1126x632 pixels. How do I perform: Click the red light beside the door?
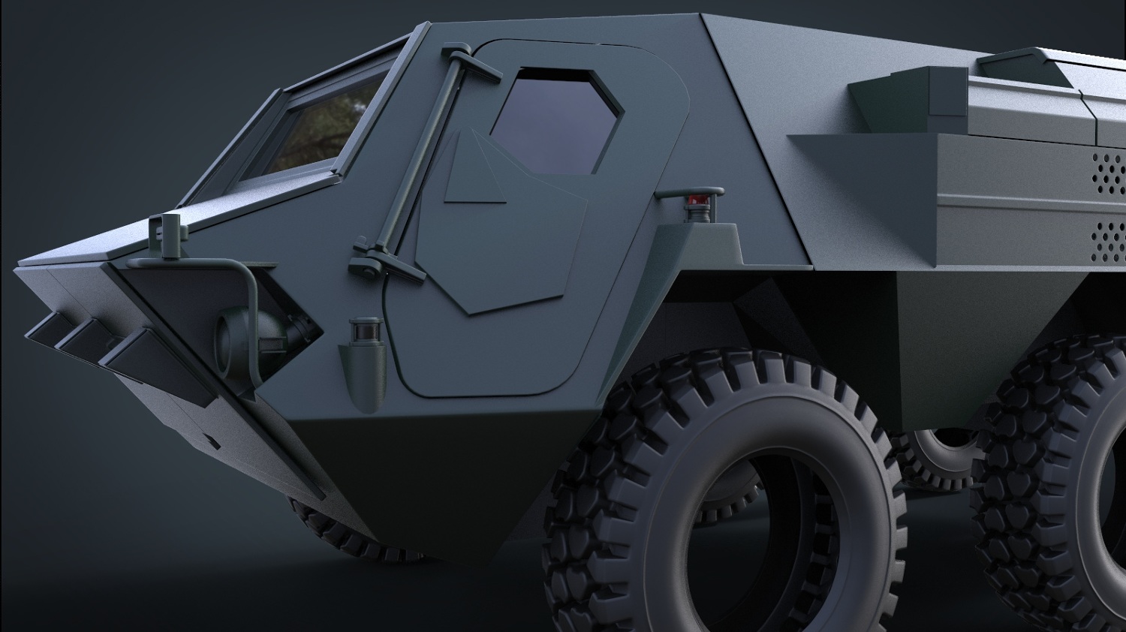pyautogui.click(x=697, y=201)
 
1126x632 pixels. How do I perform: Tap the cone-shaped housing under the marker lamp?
pyautogui.click(x=363, y=375)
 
